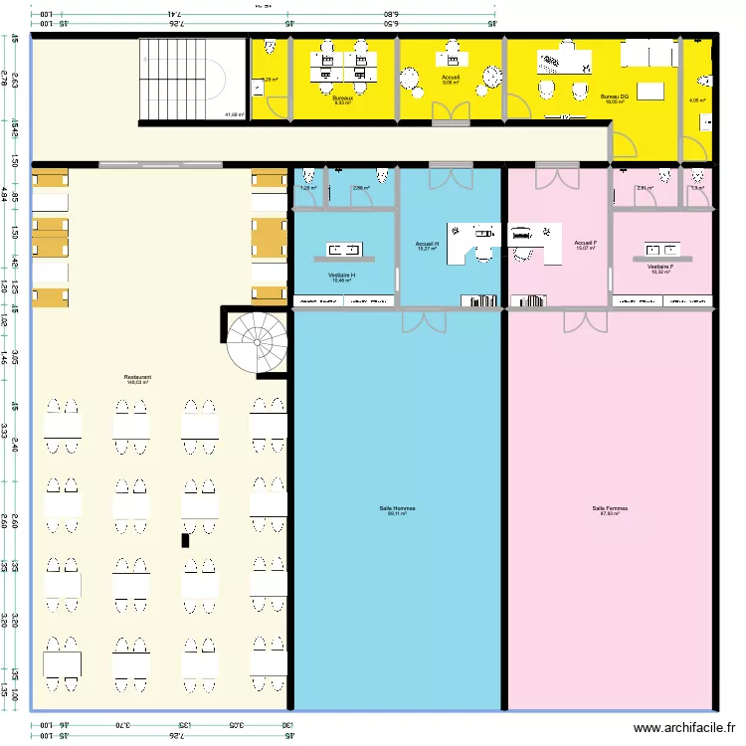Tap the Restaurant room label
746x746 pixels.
pyautogui.click(x=137, y=378)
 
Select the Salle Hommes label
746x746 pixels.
pyautogui.click(x=397, y=508)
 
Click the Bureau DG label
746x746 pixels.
pyautogui.click(x=614, y=96)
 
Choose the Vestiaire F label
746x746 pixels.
pyautogui.click(x=660, y=267)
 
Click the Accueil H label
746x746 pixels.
pyautogui.click(x=427, y=244)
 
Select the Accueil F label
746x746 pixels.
pyautogui.click(x=585, y=243)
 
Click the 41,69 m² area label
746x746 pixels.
pyautogui.click(x=234, y=114)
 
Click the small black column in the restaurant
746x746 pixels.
pyautogui.click(x=184, y=540)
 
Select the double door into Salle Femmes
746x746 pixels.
pyautogui.click(x=585, y=319)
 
